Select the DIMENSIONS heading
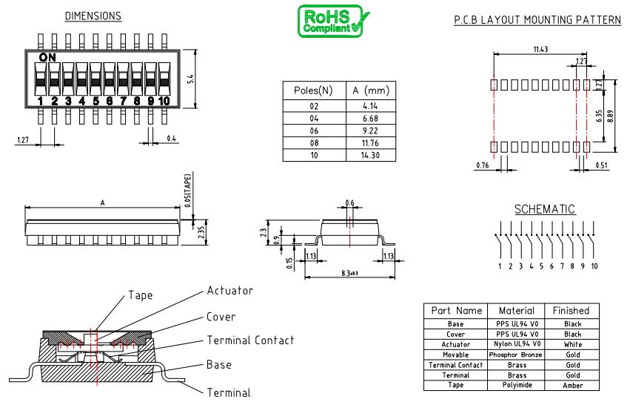point(93,16)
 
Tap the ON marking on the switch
point(47,56)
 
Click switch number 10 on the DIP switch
point(164,100)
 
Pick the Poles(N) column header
point(313,90)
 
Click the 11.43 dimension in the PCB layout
point(540,49)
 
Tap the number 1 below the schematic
point(500,266)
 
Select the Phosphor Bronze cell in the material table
point(516,355)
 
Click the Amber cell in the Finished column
point(572,386)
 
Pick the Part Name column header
point(455,310)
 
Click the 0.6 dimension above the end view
point(349,203)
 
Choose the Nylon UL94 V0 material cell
point(516,344)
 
